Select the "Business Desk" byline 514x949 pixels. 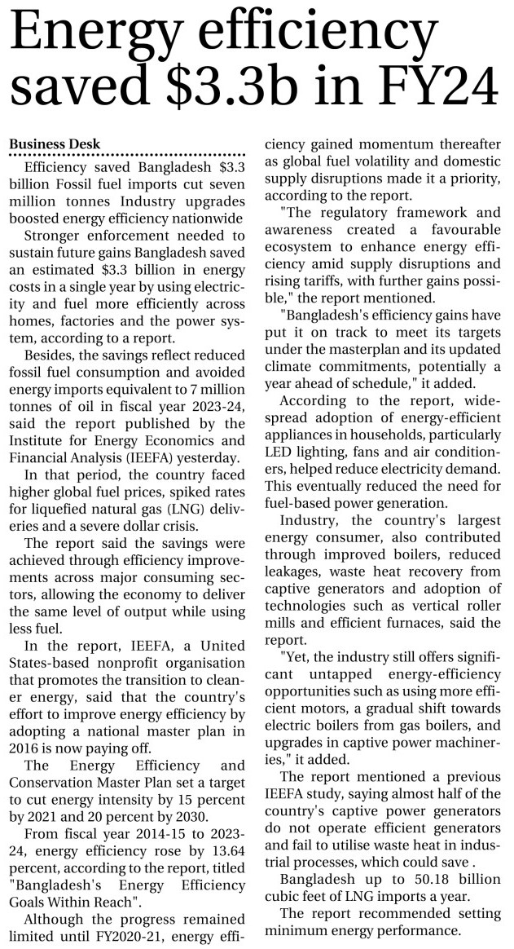coord(53,143)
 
